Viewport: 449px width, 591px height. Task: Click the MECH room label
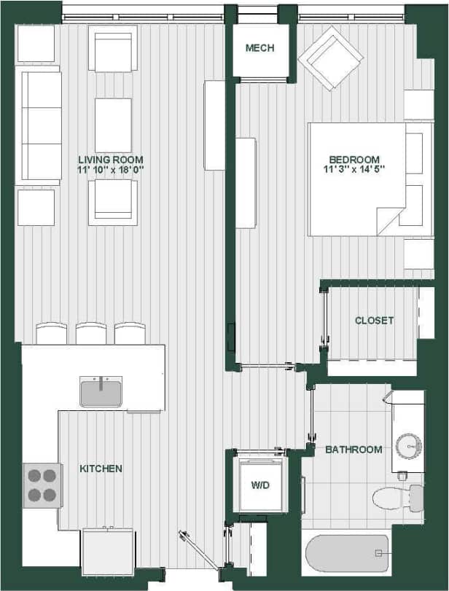pos(259,48)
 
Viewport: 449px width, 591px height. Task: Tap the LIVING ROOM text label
pos(112,160)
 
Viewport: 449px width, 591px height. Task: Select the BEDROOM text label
pos(354,160)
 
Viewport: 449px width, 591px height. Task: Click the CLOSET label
pos(374,321)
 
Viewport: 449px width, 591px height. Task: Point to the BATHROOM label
pos(354,450)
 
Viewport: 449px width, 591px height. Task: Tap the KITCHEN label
pos(101,469)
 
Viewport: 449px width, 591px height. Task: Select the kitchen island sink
pos(101,392)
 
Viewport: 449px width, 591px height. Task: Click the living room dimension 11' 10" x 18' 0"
pos(112,170)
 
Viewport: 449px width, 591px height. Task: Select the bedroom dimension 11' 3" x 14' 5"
pos(354,170)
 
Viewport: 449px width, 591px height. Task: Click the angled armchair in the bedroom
pos(329,58)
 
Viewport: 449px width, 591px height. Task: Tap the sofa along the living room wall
pos(39,125)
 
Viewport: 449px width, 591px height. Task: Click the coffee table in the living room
pos(113,125)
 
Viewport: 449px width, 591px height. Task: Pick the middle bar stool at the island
pos(91,334)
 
